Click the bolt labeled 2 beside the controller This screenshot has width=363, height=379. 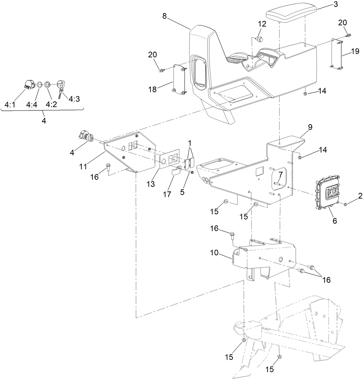[x=345, y=204]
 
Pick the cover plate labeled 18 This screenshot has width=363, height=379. [x=180, y=80]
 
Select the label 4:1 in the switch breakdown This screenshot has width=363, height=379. [x=10, y=105]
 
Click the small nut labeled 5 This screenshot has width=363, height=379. [x=192, y=172]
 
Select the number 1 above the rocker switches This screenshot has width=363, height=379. [x=190, y=143]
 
